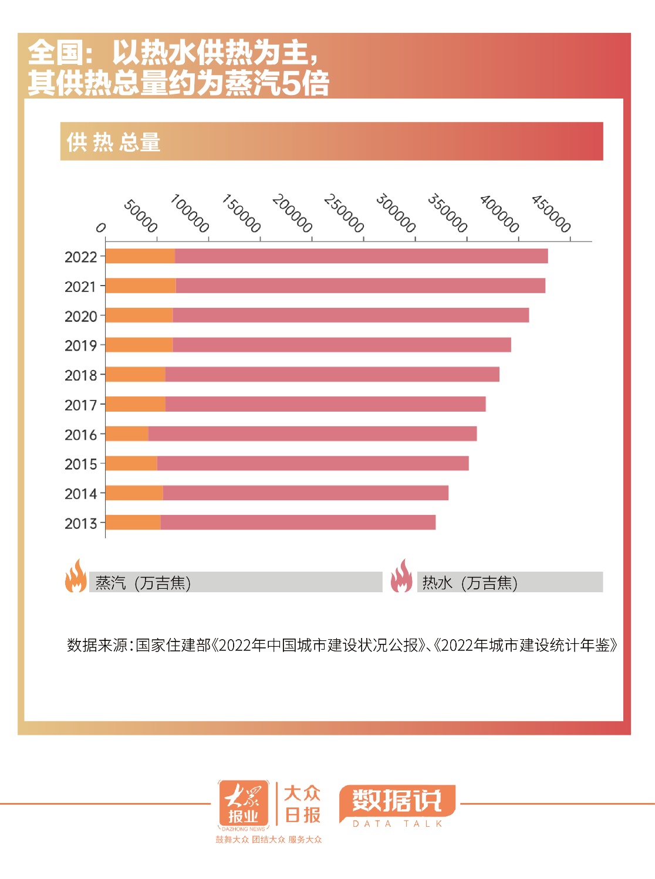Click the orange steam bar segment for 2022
[140, 256]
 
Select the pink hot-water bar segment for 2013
[298, 522]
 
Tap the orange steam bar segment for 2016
[127, 434]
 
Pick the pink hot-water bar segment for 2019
[342, 345]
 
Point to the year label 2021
[80, 287]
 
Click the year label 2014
[80, 494]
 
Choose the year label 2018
[80, 375]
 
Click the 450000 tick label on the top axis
[551, 213]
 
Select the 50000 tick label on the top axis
[141, 216]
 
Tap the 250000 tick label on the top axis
[344, 213]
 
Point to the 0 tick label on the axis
[101, 228]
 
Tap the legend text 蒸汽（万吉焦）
[143, 583]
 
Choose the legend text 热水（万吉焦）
[470, 583]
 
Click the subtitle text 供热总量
[113, 142]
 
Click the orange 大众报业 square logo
[243, 803]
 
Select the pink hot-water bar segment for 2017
[325, 404]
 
